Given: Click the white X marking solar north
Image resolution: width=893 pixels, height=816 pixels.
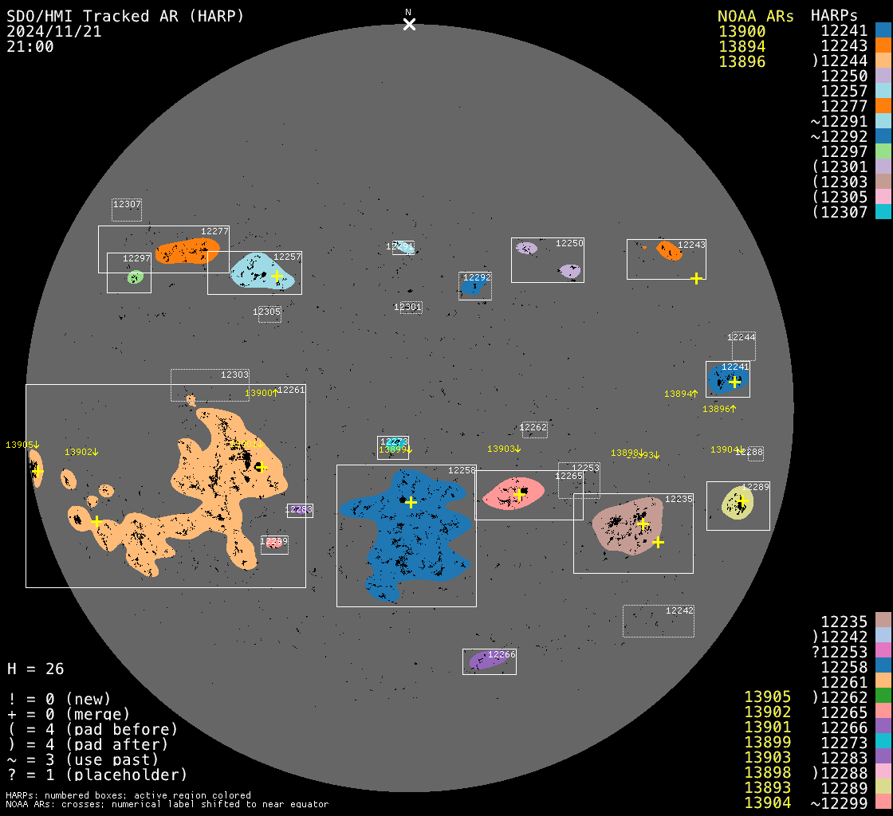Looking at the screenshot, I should (409, 25).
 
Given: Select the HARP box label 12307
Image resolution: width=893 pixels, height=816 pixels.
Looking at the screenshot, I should (127, 204).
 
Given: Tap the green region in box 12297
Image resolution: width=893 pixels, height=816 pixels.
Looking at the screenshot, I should (136, 277).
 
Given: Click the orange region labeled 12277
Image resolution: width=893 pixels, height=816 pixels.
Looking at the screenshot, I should (187, 251).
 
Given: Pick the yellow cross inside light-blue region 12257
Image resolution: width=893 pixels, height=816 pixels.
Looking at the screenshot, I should (277, 276).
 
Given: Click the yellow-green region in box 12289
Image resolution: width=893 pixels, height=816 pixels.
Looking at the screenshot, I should (737, 504).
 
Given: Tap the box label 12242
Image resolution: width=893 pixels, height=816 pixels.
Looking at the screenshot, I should (679, 610).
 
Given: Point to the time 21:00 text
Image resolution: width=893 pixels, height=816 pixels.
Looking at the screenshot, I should (30, 46).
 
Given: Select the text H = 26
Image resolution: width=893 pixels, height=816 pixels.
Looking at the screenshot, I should (35, 669).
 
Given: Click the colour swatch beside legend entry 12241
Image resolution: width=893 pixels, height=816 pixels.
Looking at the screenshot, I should (883, 30).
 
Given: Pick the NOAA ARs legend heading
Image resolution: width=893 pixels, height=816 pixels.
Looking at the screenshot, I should (755, 16).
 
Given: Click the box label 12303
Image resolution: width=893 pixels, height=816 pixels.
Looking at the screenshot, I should (234, 375).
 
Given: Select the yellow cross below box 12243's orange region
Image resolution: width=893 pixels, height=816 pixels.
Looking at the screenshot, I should (696, 278).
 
